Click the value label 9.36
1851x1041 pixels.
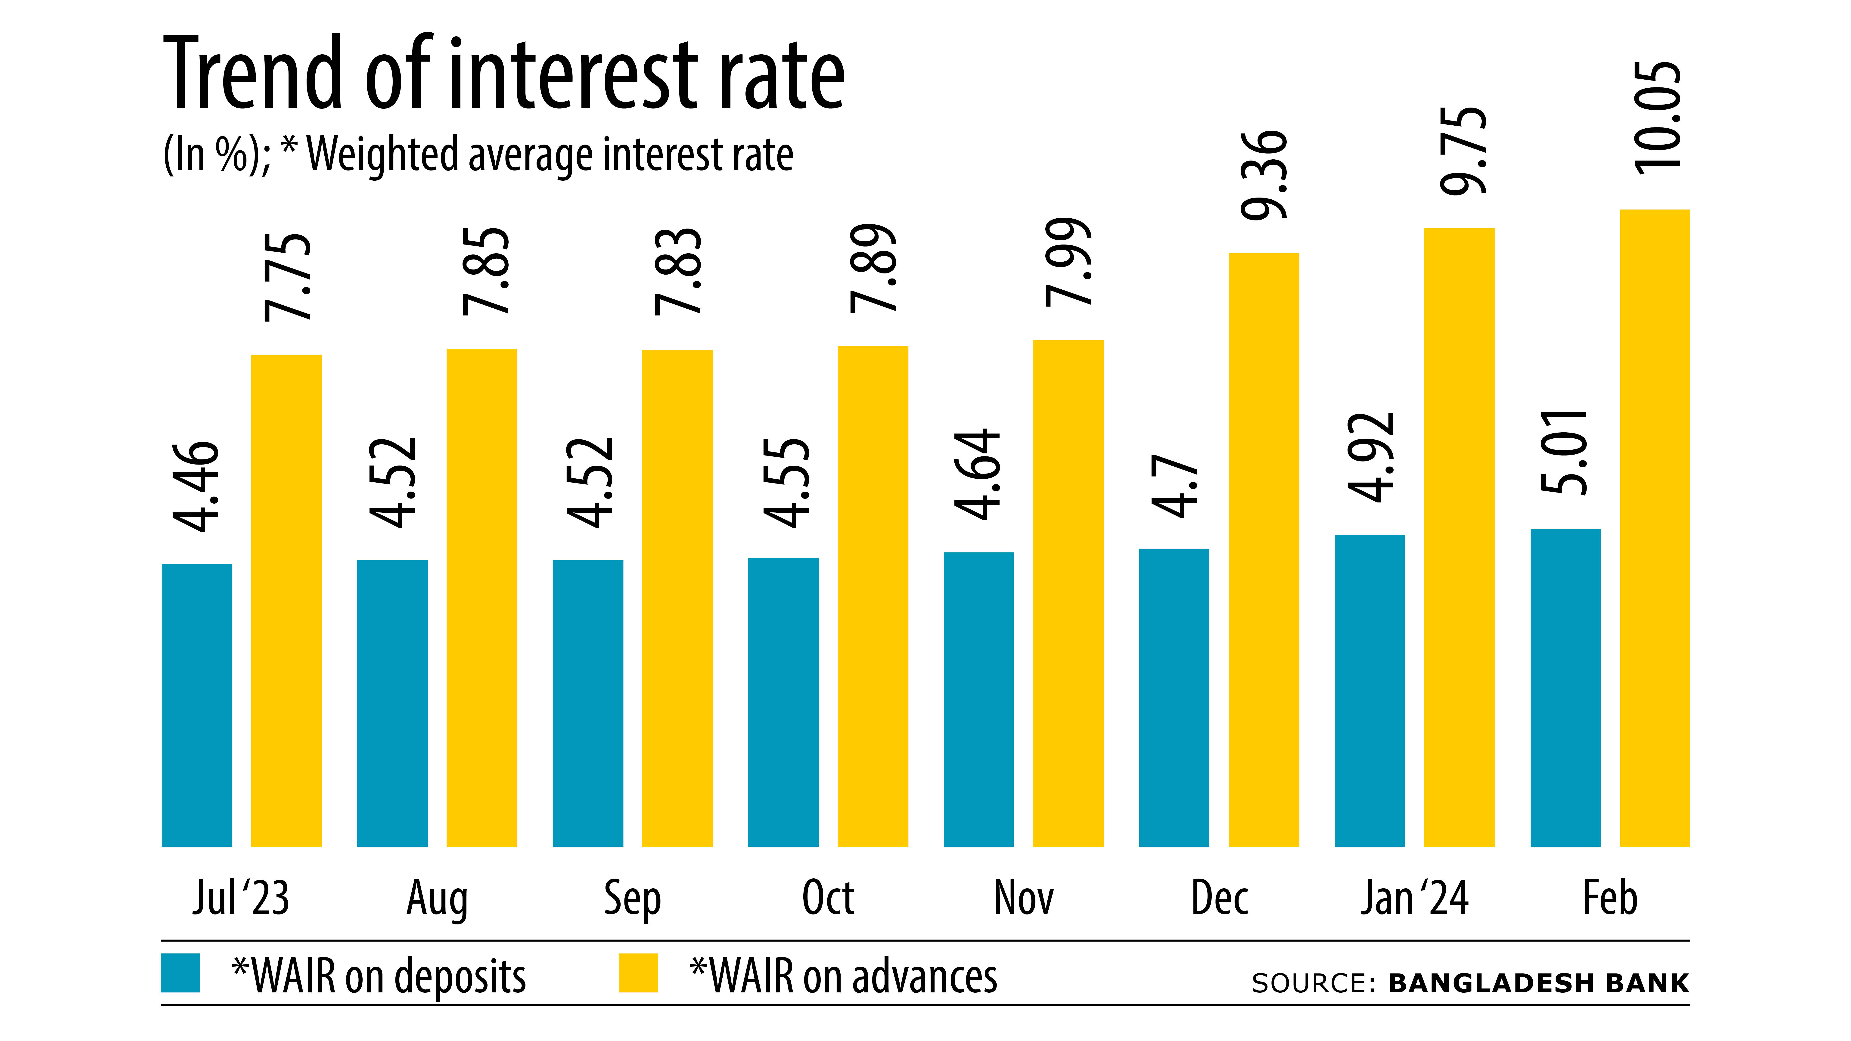pyautogui.click(x=1265, y=175)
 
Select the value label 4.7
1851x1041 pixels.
pyautogui.click(x=1174, y=486)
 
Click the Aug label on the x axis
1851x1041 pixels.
pyautogui.click(x=437, y=898)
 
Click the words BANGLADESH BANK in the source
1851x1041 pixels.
pyautogui.click(x=1538, y=983)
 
